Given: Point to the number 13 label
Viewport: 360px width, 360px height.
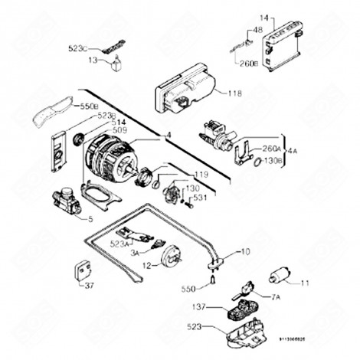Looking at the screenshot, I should [x=92, y=59].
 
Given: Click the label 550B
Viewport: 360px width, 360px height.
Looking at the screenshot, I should [x=90, y=105].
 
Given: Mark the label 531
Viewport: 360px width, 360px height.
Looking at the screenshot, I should [x=201, y=198].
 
